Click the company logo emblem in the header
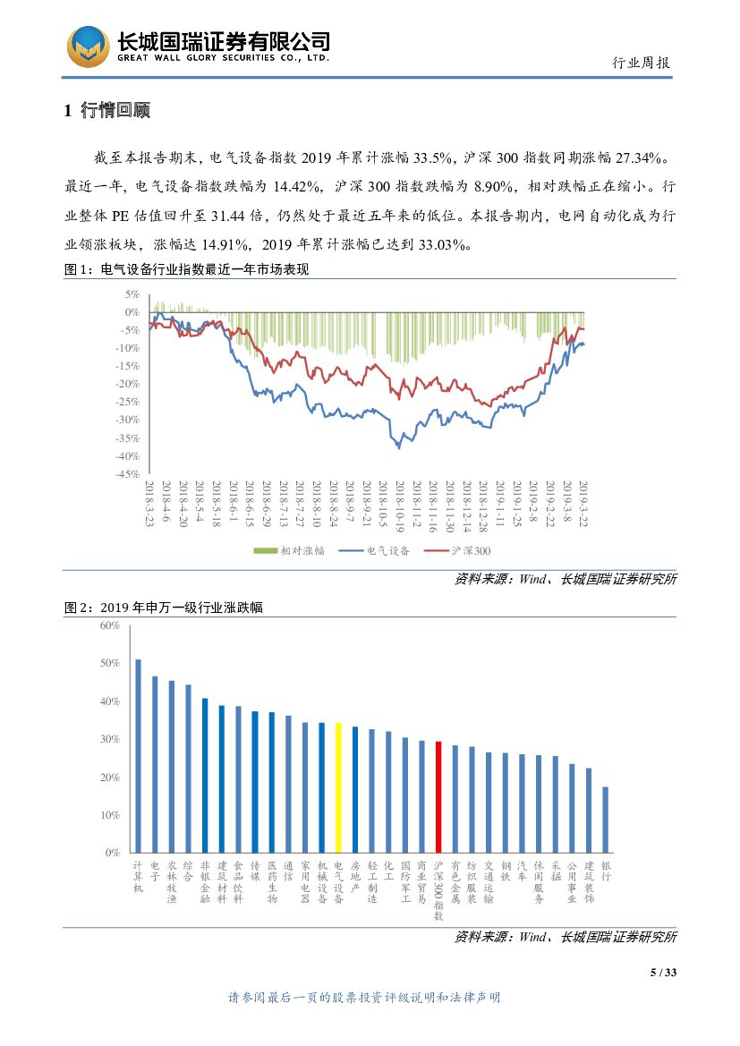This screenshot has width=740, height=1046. [89, 45]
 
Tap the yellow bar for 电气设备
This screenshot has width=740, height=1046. [338, 787]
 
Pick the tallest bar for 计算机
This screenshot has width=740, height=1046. [138, 756]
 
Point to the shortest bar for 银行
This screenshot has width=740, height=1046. [606, 820]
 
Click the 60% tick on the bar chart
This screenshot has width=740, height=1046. [110, 625]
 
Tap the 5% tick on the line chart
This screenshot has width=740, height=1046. [132, 294]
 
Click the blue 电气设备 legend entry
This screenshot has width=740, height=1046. [376, 551]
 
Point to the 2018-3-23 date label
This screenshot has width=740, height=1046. [149, 503]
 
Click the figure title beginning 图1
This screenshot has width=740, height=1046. [187, 269]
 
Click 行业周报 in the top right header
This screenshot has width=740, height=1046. [641, 63]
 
